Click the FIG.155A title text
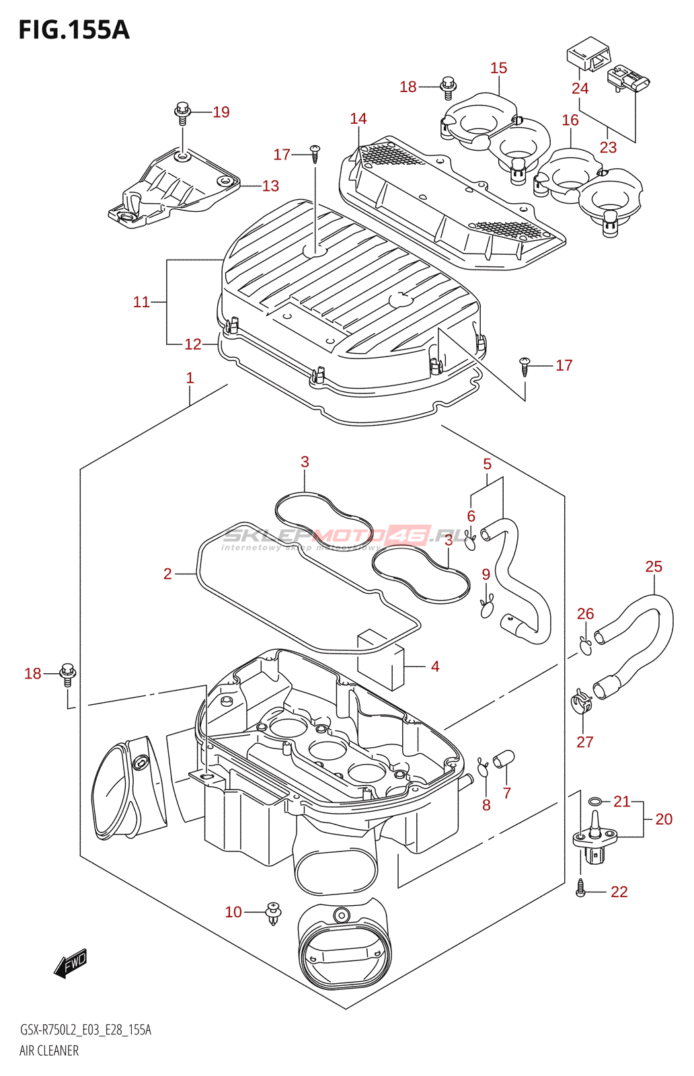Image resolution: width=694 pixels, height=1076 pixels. pos(74,30)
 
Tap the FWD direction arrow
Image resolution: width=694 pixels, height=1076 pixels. pos(71,963)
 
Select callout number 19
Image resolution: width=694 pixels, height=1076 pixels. pos(221,112)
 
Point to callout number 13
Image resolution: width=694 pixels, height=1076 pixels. pos(270,186)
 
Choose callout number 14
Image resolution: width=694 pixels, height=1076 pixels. pos(358,119)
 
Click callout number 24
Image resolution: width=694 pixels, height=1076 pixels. pos(580,88)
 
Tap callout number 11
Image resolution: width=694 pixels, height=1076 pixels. pos(141,302)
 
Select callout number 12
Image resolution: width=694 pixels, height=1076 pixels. pos(193,344)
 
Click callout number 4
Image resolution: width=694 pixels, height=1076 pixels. pos(435,666)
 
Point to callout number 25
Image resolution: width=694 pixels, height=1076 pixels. pos(654,567)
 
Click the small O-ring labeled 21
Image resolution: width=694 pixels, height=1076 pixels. pos(595,801)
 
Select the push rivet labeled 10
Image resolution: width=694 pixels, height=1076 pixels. pos(274,913)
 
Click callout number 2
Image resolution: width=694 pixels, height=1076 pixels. pos(167,574)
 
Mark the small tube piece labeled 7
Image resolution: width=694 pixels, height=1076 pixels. pos(504,758)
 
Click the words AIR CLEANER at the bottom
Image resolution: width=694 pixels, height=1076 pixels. pos(49,1050)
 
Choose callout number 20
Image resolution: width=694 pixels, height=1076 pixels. pos(664,819)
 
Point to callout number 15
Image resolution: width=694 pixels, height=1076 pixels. pos(498,68)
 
